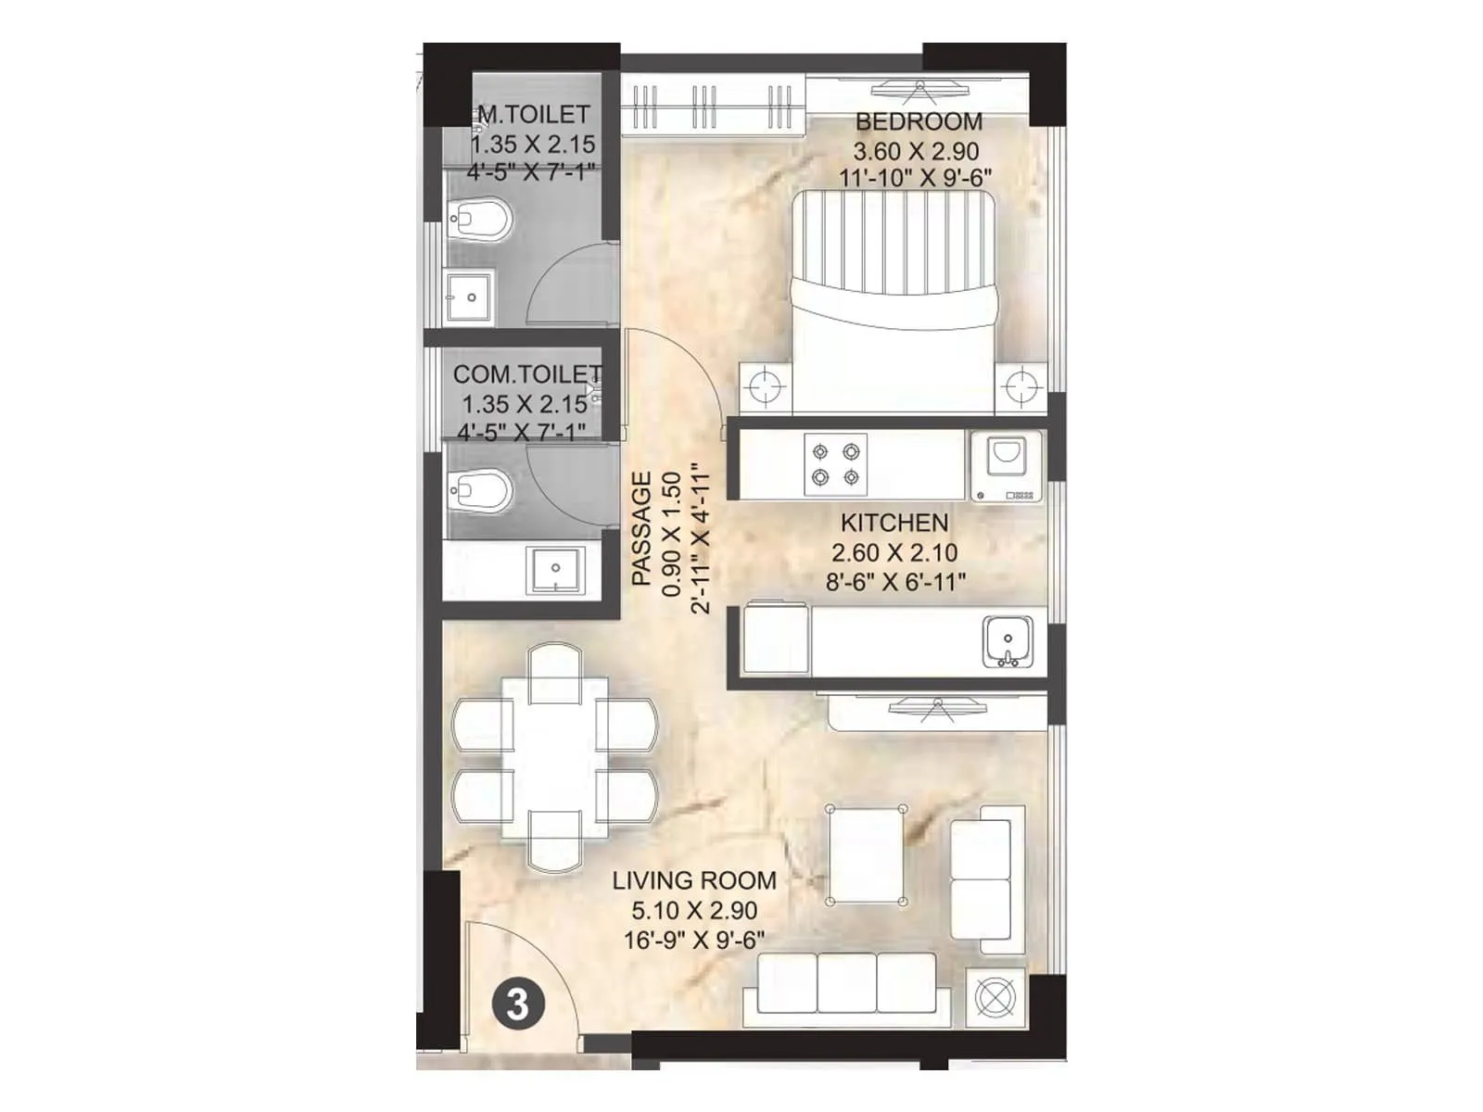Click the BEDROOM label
(x=919, y=121)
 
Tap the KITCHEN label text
(x=894, y=523)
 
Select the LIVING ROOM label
(x=693, y=880)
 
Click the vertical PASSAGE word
(x=641, y=528)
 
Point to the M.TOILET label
(x=532, y=115)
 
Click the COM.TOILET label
(x=526, y=374)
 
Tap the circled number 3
(x=517, y=1005)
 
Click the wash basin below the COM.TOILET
(x=555, y=569)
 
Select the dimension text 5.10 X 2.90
(x=693, y=910)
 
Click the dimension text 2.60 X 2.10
(x=894, y=553)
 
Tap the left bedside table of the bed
(x=765, y=387)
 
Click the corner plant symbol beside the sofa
(x=996, y=999)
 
